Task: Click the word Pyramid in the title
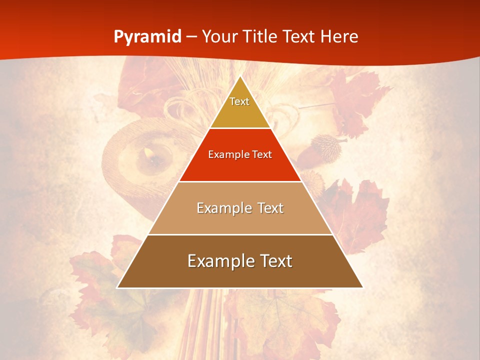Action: click(x=147, y=36)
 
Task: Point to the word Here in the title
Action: click(x=339, y=36)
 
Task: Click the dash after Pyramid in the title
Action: click(x=191, y=37)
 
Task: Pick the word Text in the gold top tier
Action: click(x=239, y=101)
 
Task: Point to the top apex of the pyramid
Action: click(x=240, y=76)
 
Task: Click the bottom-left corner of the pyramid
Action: click(x=117, y=287)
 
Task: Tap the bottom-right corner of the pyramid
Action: click(x=362, y=287)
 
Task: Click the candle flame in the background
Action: click(x=148, y=151)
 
